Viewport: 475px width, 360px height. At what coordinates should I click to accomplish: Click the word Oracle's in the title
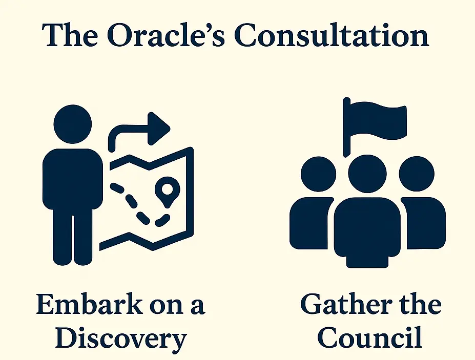click(166, 35)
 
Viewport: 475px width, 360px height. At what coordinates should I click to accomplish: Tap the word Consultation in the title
click(332, 35)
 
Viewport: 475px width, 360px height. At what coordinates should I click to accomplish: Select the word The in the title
click(70, 35)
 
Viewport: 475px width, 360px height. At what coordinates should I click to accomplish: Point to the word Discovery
click(121, 338)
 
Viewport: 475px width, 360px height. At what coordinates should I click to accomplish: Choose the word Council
click(369, 337)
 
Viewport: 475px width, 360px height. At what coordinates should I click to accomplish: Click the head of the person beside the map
click(73, 124)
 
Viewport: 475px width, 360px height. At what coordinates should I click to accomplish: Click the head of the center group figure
click(367, 174)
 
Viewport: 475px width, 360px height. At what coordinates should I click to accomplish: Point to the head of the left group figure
click(318, 174)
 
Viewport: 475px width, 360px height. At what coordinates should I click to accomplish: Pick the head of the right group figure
click(417, 174)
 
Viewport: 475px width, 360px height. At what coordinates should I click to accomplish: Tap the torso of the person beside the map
click(73, 179)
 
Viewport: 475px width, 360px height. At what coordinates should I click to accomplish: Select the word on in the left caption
click(167, 306)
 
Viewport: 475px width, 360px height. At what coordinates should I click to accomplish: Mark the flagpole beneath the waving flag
click(347, 128)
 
